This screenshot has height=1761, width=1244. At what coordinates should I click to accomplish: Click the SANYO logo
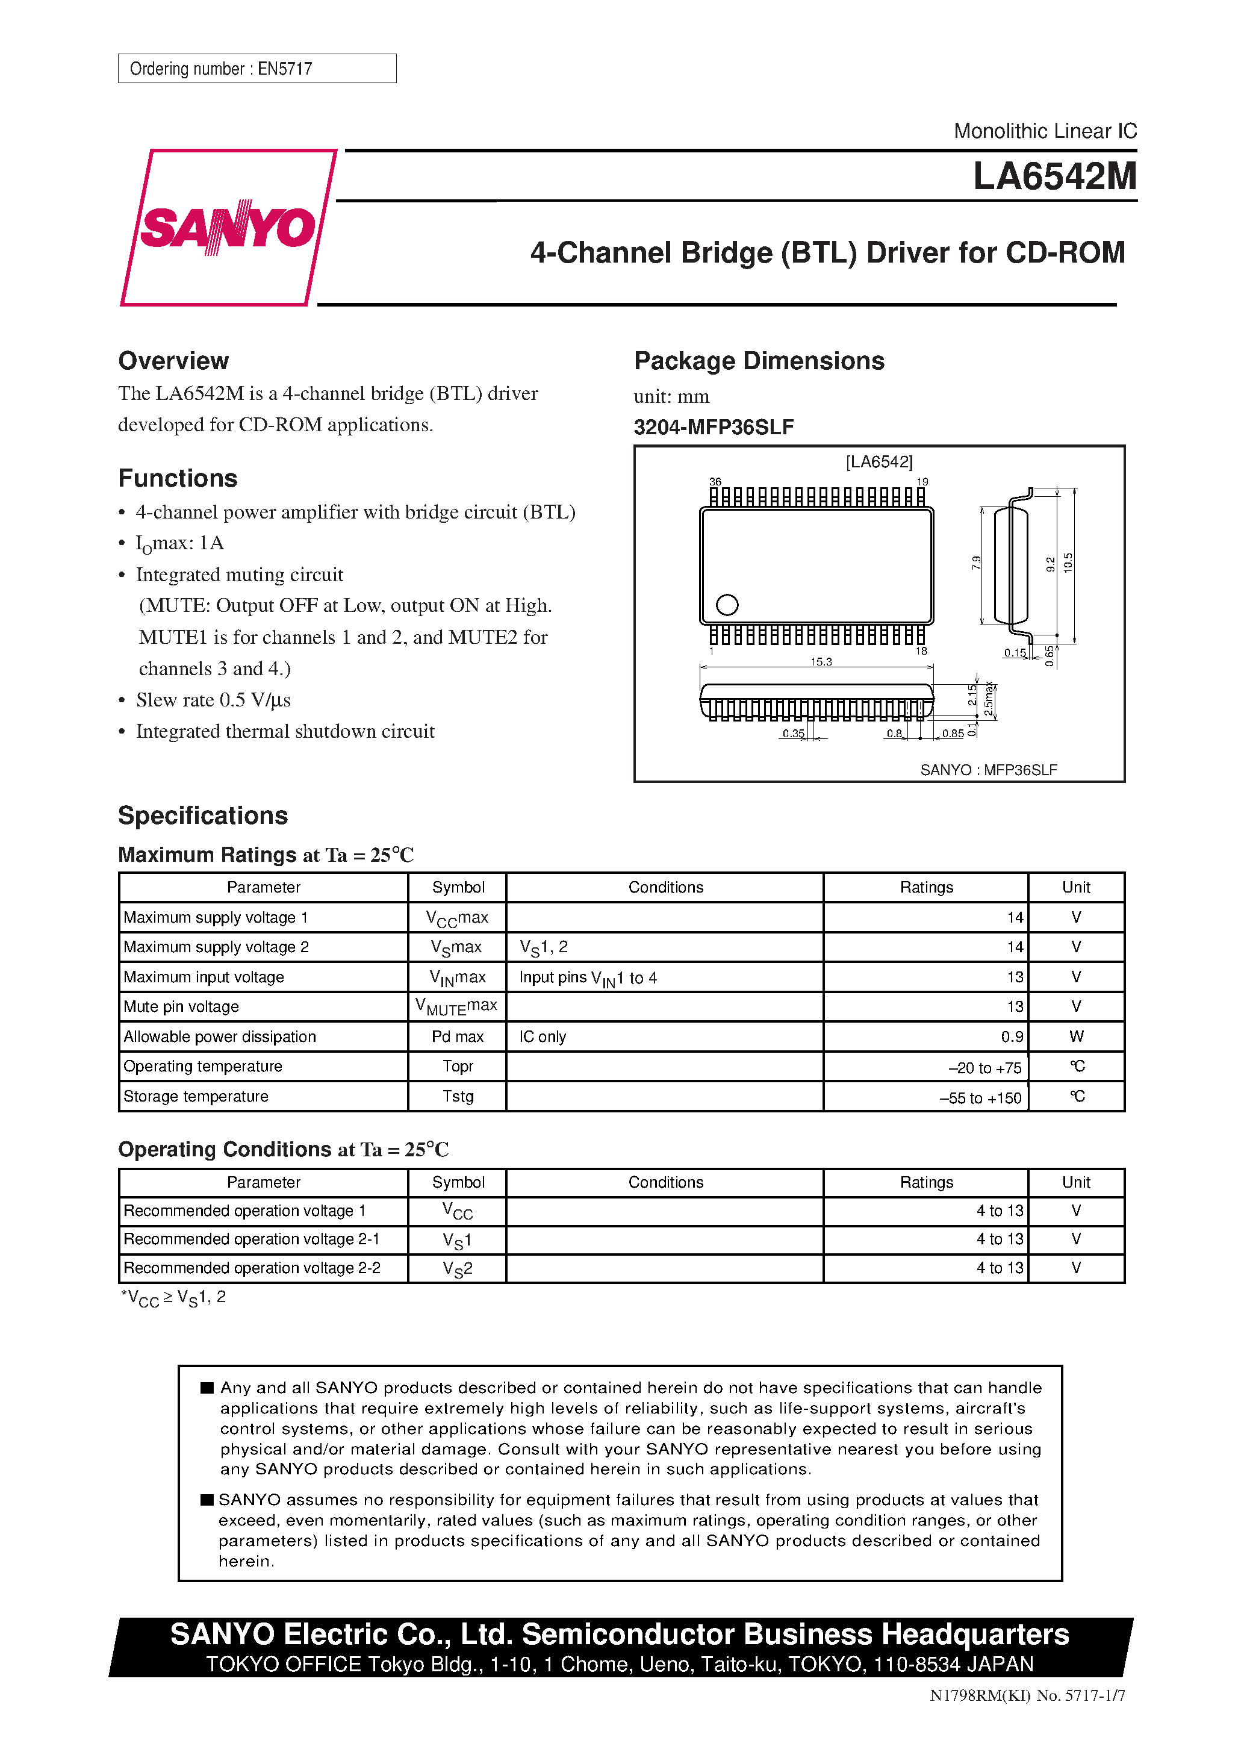[228, 227]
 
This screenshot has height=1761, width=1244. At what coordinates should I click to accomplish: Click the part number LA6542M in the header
[1054, 176]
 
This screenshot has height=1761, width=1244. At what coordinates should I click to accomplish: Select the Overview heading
[173, 361]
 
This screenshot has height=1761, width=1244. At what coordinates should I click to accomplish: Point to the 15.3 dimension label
[821, 661]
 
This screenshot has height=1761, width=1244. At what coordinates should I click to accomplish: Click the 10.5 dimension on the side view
[1068, 563]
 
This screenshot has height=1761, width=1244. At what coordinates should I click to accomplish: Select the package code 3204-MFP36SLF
[714, 427]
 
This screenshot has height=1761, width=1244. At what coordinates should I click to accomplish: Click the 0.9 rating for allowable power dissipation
[1012, 1037]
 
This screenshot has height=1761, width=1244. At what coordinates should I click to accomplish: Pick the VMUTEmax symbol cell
[456, 1006]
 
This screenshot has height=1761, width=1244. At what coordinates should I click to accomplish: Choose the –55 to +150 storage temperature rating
[980, 1097]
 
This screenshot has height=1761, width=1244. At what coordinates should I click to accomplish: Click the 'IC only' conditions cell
[543, 1037]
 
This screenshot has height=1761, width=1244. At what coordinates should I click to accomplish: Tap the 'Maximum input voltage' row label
[204, 977]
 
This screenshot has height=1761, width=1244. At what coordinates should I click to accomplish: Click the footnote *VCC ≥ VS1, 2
[173, 1298]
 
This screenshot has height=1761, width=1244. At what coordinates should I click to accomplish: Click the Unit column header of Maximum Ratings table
[1075, 887]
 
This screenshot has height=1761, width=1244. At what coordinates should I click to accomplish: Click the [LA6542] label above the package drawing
[879, 462]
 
